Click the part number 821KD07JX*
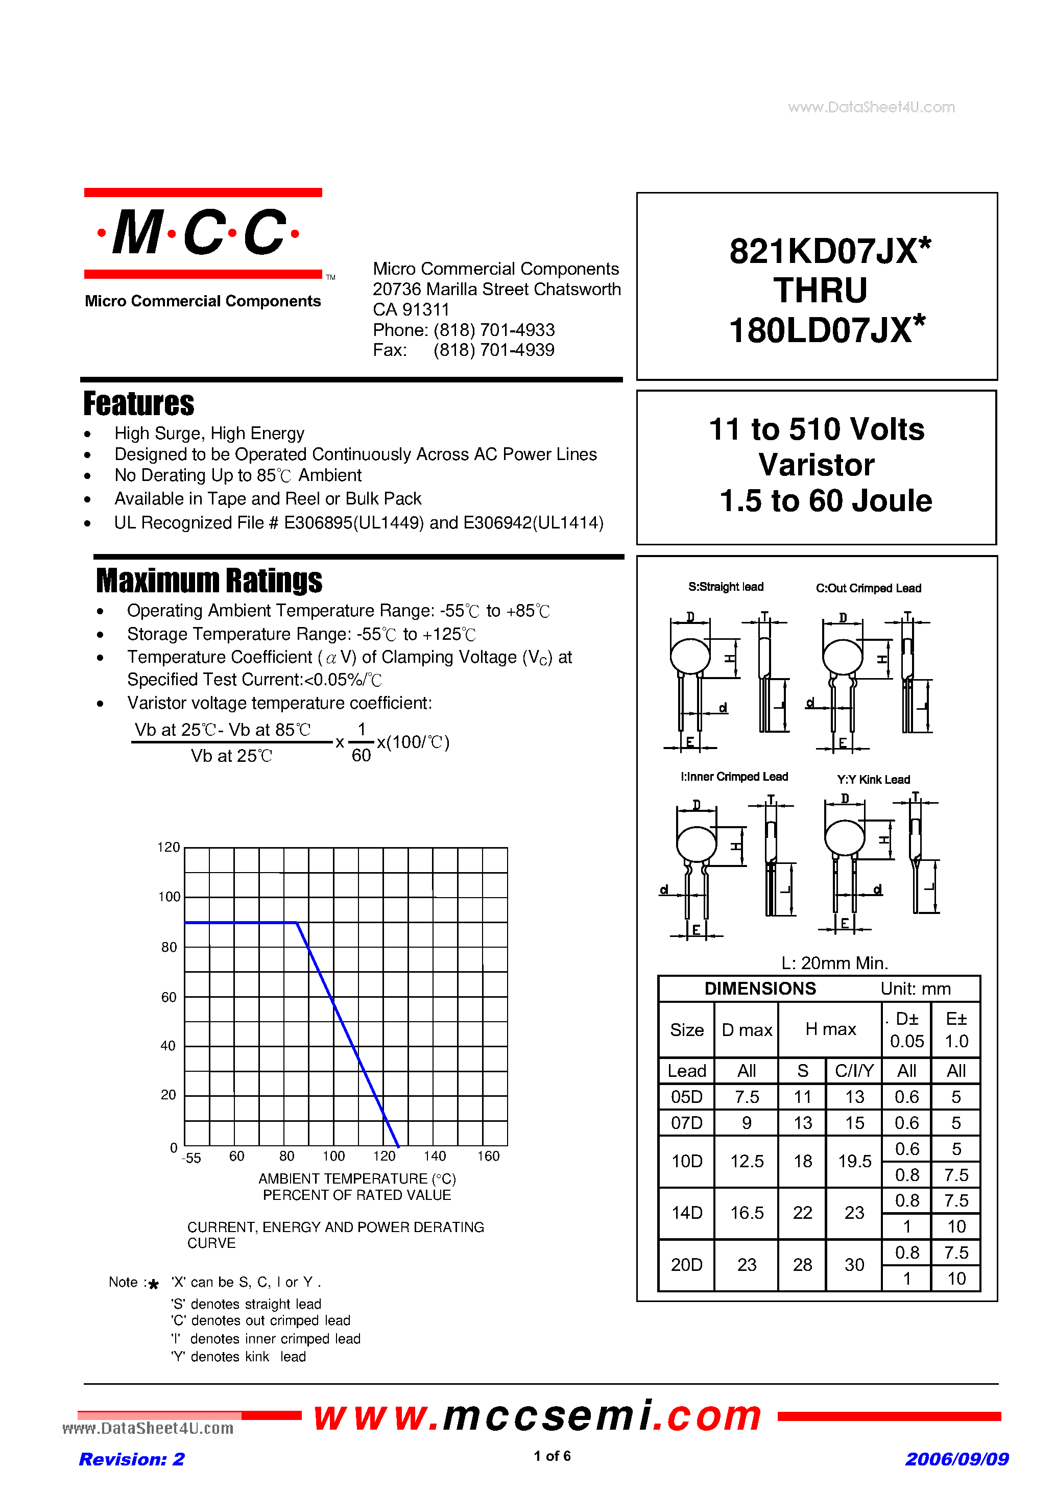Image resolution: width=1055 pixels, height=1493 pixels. pos(829,251)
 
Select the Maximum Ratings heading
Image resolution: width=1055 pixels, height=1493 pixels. pos(209,581)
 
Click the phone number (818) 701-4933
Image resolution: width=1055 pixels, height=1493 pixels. pos(494,330)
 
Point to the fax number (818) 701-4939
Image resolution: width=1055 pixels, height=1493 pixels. pos(494,350)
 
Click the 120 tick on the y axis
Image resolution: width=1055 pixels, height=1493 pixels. pos(169,847)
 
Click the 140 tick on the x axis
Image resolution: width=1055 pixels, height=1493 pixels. pos(435,1156)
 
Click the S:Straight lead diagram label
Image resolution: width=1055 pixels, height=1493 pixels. pos(725,587)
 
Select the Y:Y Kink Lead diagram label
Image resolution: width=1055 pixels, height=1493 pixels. pos(873,779)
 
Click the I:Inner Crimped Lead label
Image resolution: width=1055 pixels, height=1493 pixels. pos(734,777)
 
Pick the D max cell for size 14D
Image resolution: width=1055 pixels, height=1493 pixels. pos(746,1213)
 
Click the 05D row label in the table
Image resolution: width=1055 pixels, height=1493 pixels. pos(686,1097)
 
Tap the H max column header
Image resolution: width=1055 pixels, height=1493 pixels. pos(830,1029)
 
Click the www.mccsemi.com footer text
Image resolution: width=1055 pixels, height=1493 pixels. pos(537,1415)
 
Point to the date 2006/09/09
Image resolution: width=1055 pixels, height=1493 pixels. pos(956,1459)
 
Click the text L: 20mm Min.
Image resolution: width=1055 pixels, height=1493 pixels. pos(834,962)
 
